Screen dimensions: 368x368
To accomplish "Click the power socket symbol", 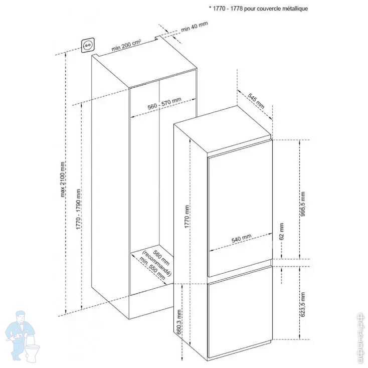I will click(x=89, y=46).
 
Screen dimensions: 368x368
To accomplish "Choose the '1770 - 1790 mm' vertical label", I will click(x=79, y=210).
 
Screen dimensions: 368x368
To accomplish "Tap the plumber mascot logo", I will click(x=23, y=335).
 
